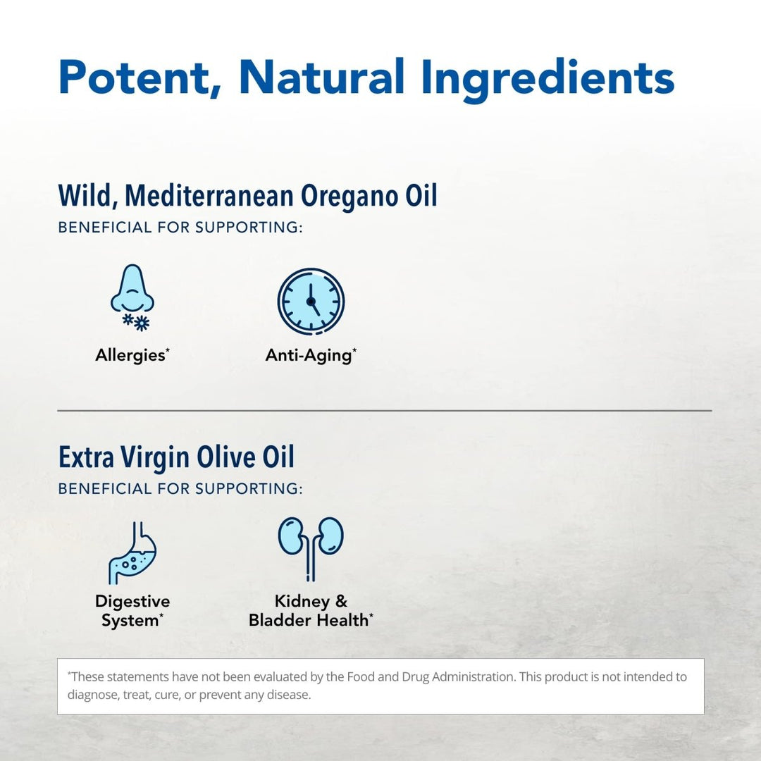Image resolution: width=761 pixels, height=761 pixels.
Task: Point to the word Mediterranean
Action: pos(208,195)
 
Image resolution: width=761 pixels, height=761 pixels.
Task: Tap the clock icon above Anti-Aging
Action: pos(311,301)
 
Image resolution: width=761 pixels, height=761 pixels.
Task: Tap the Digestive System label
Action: pos(132,611)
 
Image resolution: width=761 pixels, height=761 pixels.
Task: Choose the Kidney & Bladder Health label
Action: pos(311,611)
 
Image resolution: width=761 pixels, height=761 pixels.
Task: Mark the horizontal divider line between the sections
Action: pos(384,410)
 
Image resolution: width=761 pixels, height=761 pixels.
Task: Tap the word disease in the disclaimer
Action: pos(289,695)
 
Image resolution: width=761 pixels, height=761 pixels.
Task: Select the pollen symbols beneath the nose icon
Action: pos(136,322)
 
